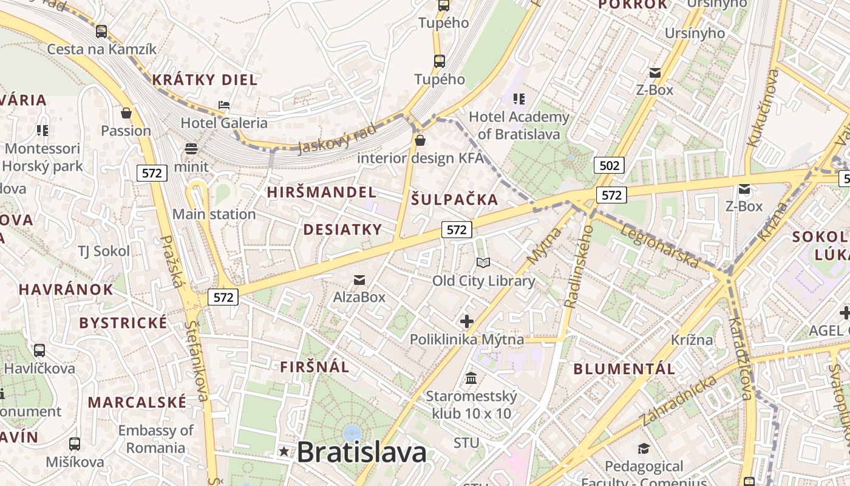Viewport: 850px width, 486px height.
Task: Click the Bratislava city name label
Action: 362,453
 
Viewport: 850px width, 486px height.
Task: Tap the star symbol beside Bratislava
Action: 284,451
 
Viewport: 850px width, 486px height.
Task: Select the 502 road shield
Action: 610,165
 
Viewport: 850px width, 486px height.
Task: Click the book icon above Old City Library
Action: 483,262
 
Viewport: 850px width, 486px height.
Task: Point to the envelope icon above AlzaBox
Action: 359,279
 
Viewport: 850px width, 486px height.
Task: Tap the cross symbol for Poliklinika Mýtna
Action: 466,321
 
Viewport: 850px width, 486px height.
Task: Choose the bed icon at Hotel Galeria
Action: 224,105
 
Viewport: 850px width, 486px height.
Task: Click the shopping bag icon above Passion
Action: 126,113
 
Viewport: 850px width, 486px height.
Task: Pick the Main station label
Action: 214,214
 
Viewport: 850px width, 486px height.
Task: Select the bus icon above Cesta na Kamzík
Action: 101,31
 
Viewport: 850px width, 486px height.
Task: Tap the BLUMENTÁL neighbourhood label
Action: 624,369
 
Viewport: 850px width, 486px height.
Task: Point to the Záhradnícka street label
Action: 679,401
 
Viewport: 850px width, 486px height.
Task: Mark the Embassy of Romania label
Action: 155,439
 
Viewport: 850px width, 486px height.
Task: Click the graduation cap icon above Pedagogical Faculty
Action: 644,448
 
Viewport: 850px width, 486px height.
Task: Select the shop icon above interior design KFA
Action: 420,141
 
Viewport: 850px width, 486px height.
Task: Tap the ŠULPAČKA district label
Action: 454,199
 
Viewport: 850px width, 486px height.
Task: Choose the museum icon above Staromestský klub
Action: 471,378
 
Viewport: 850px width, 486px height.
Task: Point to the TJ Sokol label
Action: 104,251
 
